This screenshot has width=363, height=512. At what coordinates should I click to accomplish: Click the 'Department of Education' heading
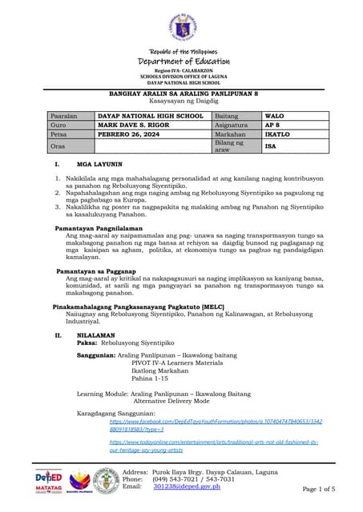184,62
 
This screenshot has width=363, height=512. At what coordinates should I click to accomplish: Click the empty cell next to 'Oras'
152,146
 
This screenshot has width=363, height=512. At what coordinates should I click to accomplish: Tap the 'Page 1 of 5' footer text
324,488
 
